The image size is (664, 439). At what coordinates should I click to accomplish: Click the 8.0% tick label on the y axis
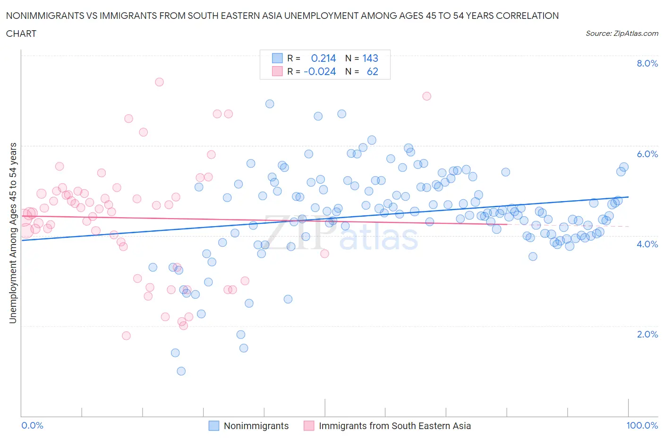click(x=647, y=64)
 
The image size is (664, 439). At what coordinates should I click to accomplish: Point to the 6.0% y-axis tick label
click(x=647, y=154)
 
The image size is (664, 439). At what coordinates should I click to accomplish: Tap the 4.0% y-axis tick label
click(x=647, y=244)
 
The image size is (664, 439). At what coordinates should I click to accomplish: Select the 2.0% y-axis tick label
click(x=647, y=334)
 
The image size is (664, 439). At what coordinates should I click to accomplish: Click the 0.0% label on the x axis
click(x=32, y=425)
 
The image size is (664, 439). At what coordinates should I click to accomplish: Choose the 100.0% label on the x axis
click(x=642, y=425)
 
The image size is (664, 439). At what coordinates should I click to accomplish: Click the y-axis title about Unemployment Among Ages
click(x=13, y=233)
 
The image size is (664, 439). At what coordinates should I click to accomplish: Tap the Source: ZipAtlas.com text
click(x=621, y=34)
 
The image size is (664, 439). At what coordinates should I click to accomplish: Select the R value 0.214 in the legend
click(x=323, y=58)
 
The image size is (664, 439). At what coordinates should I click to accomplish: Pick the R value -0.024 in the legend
click(x=320, y=71)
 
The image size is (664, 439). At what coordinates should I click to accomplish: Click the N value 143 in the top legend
click(x=370, y=58)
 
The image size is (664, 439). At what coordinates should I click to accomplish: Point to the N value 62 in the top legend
click(x=372, y=71)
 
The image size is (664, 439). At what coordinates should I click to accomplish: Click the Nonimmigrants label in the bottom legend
click(x=256, y=426)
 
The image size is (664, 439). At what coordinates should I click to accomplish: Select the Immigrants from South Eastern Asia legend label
click(x=395, y=426)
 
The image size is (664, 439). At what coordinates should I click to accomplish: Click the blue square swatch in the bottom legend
click(x=214, y=426)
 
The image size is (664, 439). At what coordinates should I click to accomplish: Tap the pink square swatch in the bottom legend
click(x=309, y=426)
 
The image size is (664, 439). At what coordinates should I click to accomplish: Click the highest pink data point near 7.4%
click(x=159, y=82)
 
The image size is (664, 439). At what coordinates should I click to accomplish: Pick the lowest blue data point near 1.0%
click(x=181, y=371)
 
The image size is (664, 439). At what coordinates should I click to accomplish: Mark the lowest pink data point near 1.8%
click(x=126, y=336)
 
